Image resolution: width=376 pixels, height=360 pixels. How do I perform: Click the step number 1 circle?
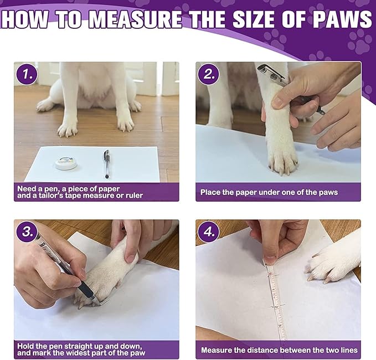point(27,74)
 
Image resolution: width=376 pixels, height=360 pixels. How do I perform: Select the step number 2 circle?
point(209,74)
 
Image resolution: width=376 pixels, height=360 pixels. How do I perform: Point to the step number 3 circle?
point(27,232)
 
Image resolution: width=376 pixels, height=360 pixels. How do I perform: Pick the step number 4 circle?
point(209,232)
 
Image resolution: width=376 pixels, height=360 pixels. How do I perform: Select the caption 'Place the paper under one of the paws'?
point(269,192)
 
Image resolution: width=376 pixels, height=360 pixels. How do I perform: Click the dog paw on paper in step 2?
point(282,158)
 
